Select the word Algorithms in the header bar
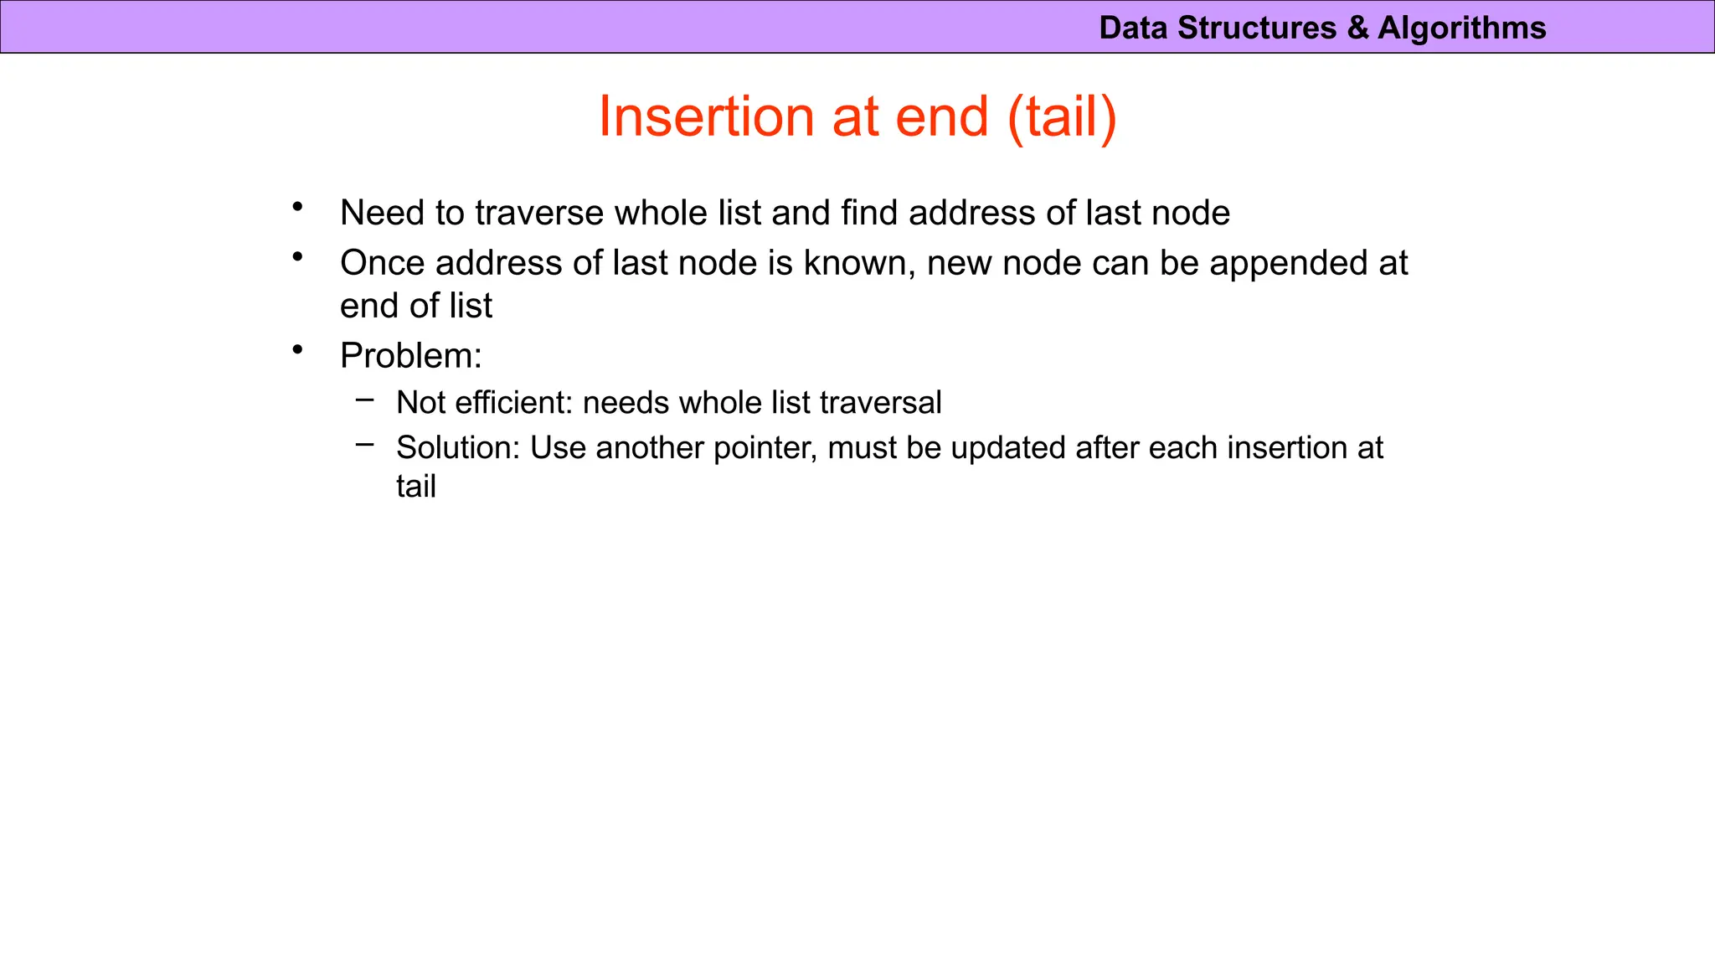1461,28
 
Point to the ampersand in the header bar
1357,28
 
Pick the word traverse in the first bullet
541,214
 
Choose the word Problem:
411,357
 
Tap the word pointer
765,448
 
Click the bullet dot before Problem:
297,349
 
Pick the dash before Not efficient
364,400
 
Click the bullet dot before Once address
297,256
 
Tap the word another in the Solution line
650,448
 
